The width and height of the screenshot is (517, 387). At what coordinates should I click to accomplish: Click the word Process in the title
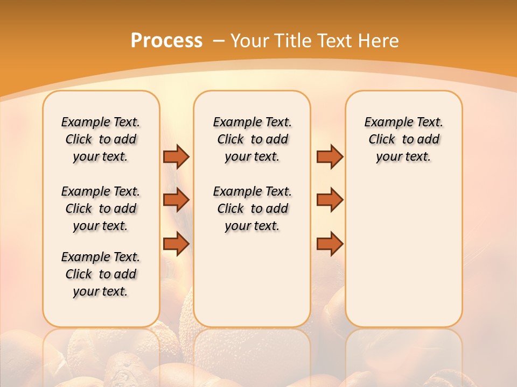tap(166, 41)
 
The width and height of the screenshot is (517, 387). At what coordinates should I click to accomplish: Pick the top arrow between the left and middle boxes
tap(176, 156)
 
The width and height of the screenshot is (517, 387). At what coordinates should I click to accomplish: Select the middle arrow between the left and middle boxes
tap(176, 200)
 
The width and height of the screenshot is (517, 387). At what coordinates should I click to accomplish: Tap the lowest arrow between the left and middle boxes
tap(176, 244)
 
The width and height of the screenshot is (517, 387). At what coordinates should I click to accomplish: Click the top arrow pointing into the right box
tap(330, 156)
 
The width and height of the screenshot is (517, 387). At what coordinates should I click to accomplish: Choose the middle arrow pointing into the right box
tap(330, 200)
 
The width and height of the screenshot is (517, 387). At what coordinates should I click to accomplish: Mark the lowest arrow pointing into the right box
tap(330, 244)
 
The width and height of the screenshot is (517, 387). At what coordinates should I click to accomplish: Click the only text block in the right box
tap(403, 139)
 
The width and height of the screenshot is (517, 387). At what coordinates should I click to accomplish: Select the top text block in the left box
tap(101, 139)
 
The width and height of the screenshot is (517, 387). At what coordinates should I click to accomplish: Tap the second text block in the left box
tap(101, 209)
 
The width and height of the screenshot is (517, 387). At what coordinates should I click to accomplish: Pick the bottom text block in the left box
tap(101, 274)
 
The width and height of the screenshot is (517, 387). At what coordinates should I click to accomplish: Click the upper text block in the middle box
tap(252, 139)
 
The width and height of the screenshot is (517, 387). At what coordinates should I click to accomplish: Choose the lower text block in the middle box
tap(252, 209)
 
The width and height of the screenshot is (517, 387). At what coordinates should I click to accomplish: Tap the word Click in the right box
tap(382, 140)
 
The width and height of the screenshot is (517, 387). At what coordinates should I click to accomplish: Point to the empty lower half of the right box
tap(403, 258)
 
